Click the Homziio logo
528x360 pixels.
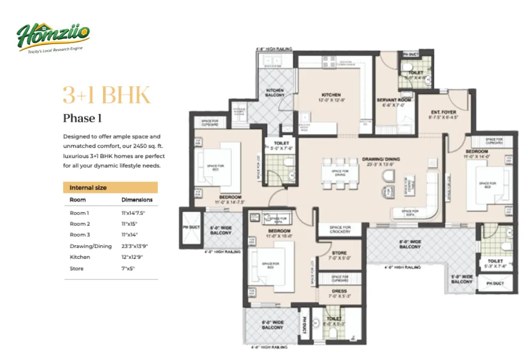coord(53,37)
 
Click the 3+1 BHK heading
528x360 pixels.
coord(107,96)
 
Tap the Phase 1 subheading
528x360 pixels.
coord(82,118)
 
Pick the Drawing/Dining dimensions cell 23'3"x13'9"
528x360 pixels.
coord(135,246)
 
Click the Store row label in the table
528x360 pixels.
coord(77,268)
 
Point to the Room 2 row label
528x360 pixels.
coord(80,224)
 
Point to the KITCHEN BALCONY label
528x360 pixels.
coord(276,93)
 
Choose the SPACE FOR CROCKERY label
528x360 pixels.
coord(341,229)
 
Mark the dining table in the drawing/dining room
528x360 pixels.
coord(340,172)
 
